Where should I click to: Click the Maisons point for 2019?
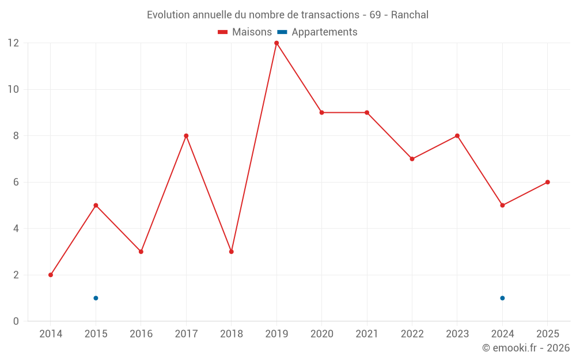point(276,43)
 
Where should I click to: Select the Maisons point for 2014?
point(51,275)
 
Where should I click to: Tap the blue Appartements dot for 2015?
point(96,298)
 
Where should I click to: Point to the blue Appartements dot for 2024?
point(502,298)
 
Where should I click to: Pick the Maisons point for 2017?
point(186,136)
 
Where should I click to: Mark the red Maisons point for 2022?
point(412,159)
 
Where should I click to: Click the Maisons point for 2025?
point(548,182)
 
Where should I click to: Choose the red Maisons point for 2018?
point(231,252)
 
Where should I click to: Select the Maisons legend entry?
point(245,32)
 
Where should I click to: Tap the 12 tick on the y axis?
point(13,43)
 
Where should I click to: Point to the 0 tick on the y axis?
point(16,321)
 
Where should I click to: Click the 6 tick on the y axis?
point(16,182)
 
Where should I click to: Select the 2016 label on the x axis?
point(141,334)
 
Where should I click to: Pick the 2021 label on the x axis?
point(367,334)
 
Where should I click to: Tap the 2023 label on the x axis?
point(457,334)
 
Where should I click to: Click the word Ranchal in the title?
point(410,15)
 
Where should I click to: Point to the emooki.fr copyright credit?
point(525,348)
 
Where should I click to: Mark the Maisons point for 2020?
point(321,112)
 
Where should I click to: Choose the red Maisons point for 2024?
point(502,205)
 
